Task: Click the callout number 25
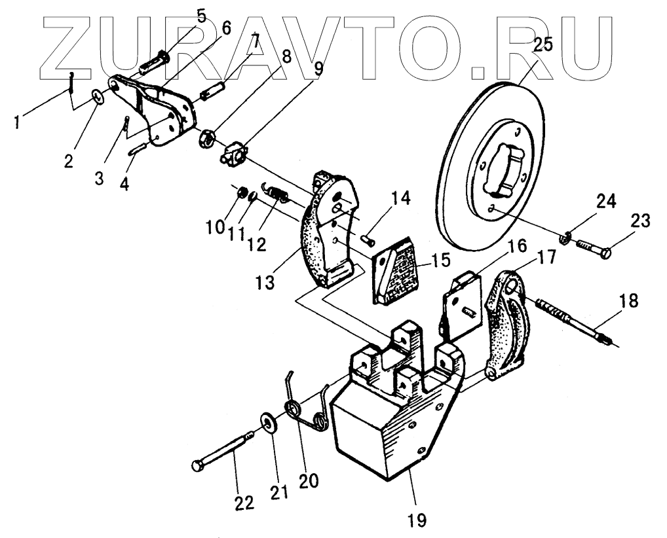[x=543, y=45]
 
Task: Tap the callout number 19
[x=417, y=520]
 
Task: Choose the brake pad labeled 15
[x=396, y=270]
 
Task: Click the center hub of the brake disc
[x=505, y=170]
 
